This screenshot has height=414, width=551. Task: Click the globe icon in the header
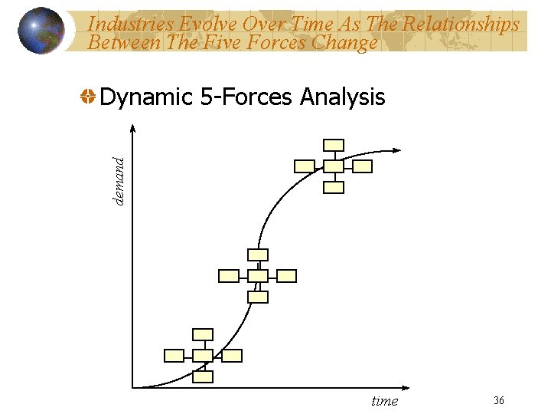point(41,31)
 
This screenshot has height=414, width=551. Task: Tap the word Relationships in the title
point(464,25)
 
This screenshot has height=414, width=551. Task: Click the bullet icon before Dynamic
point(88,97)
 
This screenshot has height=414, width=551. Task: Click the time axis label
point(384,401)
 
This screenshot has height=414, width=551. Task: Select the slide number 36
point(499,400)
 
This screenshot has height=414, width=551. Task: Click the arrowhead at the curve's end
point(398,151)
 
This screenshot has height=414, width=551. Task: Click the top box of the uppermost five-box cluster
point(334,145)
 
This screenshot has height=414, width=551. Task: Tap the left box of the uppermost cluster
point(305,166)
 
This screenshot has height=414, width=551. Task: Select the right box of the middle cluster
point(286,275)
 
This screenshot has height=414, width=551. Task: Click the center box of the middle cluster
point(259,275)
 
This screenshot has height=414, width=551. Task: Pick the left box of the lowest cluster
point(174,355)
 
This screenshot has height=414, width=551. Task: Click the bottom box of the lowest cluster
point(203,376)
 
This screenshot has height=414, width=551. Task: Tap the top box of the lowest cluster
point(203,333)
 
